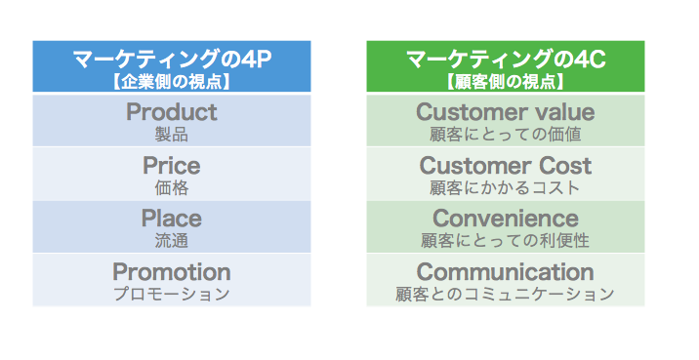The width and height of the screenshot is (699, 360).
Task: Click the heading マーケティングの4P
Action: pos(172,61)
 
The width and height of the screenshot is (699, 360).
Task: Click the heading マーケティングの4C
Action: pos(506,61)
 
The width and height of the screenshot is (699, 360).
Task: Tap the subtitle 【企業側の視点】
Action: pos(172,81)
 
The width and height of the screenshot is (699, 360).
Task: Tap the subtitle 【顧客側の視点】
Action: pos(506,81)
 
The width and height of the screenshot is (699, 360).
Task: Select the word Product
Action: pos(172,112)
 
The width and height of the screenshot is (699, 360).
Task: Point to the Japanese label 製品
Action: pos(172,135)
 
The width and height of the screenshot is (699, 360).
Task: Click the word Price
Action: pos(172,166)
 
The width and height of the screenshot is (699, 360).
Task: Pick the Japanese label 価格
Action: pos(172,187)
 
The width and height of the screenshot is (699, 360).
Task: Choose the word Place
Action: pos(172,219)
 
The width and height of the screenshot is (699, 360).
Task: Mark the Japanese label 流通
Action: pos(172,240)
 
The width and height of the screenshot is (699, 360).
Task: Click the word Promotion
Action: pos(172,271)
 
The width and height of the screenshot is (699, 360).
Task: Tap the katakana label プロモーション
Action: pos(172,293)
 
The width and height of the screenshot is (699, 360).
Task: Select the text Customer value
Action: pos(506,112)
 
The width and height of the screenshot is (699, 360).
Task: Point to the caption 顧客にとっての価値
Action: pos(506,135)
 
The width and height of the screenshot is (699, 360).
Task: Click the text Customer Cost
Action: pos(506,166)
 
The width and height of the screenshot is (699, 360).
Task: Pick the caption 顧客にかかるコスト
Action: pos(506,187)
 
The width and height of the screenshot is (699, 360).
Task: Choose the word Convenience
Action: pos(506,219)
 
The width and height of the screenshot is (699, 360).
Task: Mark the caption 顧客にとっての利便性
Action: pos(506,240)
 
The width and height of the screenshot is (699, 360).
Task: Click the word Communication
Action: pos(506,271)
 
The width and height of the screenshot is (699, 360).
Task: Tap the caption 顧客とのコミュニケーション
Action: pos(506,293)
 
